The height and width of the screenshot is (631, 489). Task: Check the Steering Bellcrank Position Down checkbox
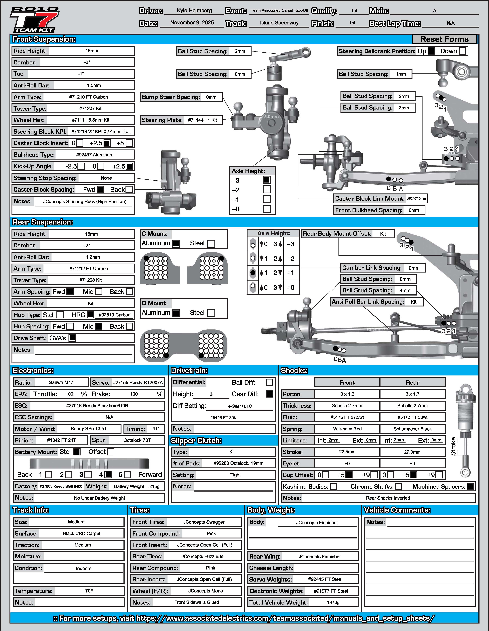[462, 51]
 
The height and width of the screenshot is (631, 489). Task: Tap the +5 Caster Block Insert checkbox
[129, 143]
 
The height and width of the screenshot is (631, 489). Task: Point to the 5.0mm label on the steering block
[271, 117]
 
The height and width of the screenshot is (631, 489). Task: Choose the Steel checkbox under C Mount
[211, 243]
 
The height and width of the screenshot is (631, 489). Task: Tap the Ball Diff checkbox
[269, 383]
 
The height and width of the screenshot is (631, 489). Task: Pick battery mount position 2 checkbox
[69, 475]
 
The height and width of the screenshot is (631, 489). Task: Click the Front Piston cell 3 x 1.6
[347, 394]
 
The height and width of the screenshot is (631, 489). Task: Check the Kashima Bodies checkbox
[333, 487]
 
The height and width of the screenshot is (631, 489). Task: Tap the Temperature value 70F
[89, 591]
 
